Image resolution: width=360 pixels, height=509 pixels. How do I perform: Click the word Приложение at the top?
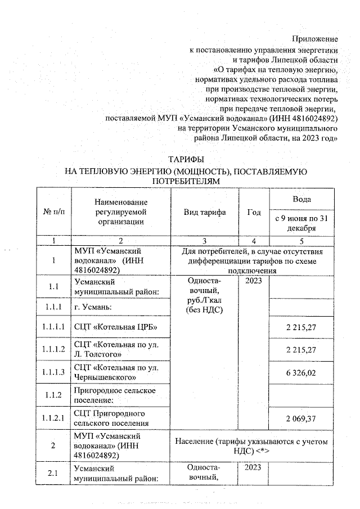click(314, 39)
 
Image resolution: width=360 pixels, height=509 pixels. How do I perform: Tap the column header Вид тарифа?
click(205, 212)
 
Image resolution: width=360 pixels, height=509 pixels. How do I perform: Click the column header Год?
click(254, 212)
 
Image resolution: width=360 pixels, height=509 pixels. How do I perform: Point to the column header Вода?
click(302, 200)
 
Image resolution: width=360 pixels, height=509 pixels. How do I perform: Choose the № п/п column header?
click(54, 212)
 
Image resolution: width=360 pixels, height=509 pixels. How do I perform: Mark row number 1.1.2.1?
click(54, 418)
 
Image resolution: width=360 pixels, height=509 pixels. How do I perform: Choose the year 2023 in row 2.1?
click(254, 467)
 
